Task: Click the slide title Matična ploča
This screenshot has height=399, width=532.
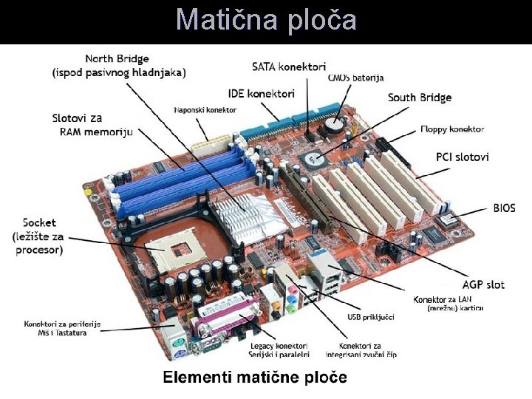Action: click(x=266, y=20)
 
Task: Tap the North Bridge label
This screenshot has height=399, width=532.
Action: click(x=117, y=59)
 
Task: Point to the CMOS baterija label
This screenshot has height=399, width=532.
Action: click(x=355, y=78)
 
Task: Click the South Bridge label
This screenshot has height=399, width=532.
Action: click(x=420, y=98)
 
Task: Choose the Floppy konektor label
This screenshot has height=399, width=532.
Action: click(x=451, y=129)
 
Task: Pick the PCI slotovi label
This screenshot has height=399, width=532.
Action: click(x=463, y=157)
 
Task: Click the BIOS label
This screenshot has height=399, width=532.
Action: click(x=504, y=208)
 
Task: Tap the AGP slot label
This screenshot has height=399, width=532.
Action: click(x=483, y=284)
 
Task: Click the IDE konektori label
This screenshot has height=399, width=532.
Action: click(x=261, y=94)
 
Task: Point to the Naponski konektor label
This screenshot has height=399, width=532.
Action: click(x=205, y=110)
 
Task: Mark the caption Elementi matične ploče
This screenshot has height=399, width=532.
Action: click(x=255, y=378)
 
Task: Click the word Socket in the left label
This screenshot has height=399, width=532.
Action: click(x=38, y=222)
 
